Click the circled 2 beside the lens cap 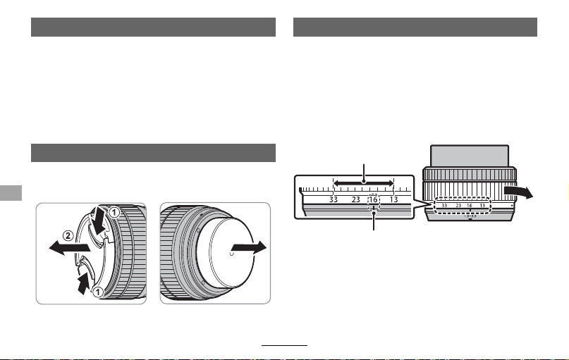click(68, 236)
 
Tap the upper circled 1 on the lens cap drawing click(114, 212)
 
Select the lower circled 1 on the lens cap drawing click(97, 292)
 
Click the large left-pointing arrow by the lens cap click(69, 248)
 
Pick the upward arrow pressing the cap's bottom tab click(84, 283)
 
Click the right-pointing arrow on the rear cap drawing click(249, 248)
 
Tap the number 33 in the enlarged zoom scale click(333, 199)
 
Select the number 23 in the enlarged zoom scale click(355, 199)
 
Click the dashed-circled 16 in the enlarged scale click(374, 199)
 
